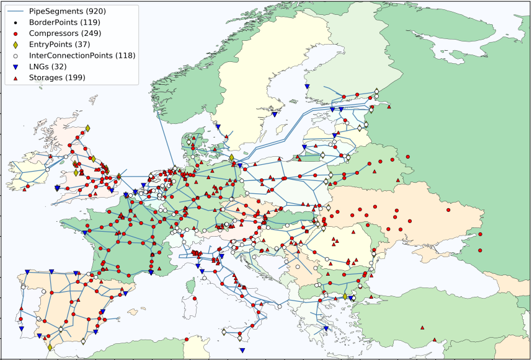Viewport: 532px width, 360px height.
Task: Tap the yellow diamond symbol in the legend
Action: pos(15,44)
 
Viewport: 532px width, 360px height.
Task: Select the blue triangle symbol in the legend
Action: pos(15,66)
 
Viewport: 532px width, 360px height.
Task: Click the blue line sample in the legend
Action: pos(15,11)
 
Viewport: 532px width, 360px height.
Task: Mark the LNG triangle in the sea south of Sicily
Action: pos(242,351)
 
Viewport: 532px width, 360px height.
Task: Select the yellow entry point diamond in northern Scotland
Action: pos(87,128)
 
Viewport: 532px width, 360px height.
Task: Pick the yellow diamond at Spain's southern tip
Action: pos(50,348)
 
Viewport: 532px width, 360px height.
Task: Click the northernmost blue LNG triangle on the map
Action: pos(306,87)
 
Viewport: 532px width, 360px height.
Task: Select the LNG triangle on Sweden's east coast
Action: pos(274,114)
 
